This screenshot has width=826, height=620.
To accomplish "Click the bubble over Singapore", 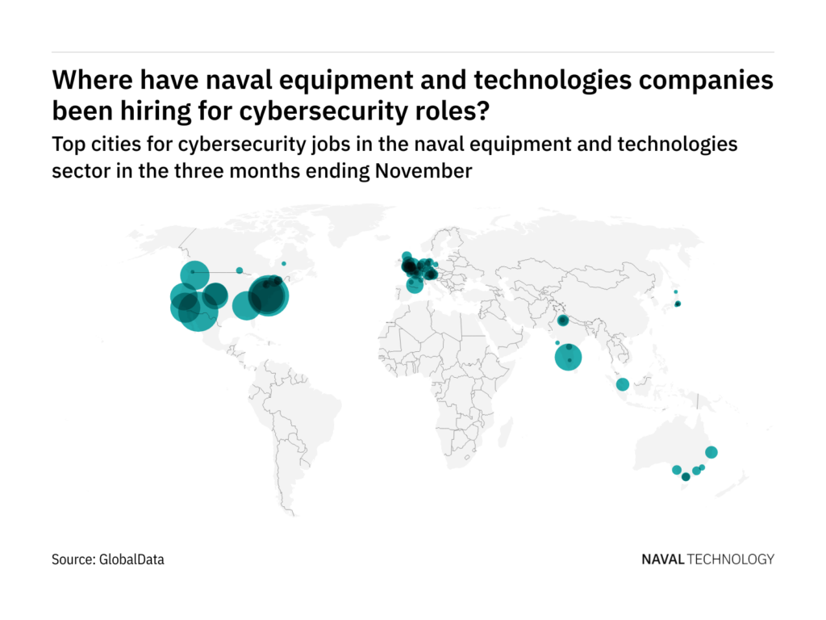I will pos(623,384).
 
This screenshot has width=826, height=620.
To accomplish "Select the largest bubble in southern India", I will pos(569,357).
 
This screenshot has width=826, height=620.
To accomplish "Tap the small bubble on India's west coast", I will pos(557,343).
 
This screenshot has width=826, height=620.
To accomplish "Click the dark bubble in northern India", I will pos(563,321).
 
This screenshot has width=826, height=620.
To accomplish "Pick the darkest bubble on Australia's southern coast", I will pos(686,477).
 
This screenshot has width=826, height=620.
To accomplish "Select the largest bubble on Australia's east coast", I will pos(711,452).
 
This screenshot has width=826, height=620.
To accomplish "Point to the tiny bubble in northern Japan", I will pos(676,292).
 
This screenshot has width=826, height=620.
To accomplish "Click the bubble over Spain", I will pos(415,284).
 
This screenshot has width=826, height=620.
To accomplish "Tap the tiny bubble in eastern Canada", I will pos(283,263).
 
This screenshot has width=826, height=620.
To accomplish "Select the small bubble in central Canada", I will pos(240,270).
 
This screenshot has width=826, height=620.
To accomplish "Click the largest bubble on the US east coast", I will pos(268,296).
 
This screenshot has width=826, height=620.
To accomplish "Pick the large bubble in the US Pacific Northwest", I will pos(194,274).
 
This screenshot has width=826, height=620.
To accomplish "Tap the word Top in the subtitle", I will pos(67,145).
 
